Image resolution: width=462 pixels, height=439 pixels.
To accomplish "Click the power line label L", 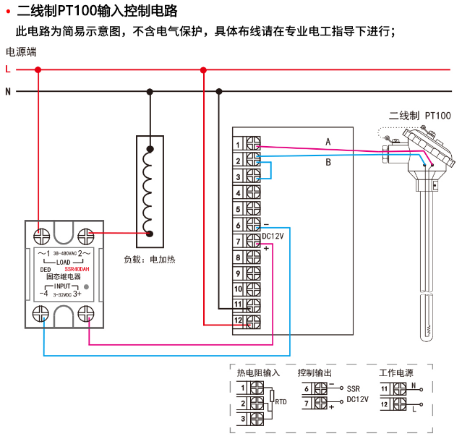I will click(x=7, y=69).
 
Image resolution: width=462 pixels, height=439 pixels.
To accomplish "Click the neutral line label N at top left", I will click(x=7, y=92).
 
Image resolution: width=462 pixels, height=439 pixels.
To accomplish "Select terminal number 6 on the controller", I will click(x=238, y=225).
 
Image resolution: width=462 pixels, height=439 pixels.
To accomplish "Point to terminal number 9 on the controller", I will click(x=238, y=273).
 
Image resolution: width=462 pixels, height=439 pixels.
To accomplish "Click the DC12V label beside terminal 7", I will click(x=273, y=236).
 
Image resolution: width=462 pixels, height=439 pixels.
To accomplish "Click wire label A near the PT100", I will click(x=328, y=141).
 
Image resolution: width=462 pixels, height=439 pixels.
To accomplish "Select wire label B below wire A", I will click(x=328, y=162).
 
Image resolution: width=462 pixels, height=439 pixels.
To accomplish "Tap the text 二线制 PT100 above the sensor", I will click(x=419, y=115).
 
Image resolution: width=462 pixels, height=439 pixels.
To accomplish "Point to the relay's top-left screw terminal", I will click(x=42, y=235).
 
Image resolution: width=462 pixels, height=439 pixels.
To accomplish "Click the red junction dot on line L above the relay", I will click(x=38, y=69).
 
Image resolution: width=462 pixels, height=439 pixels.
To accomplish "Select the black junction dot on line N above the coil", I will click(x=150, y=92).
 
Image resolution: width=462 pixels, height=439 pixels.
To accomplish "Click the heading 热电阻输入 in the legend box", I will click(x=258, y=373).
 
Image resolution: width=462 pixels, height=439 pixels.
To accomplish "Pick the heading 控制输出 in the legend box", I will click(x=315, y=373).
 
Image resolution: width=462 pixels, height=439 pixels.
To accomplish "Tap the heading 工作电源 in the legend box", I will click(x=396, y=373).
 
